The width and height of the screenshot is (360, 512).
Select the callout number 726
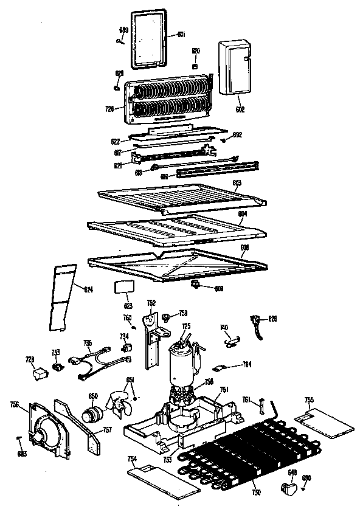(x=110, y=109)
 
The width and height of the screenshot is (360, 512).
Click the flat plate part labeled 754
(x=162, y=478)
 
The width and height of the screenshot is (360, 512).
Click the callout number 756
(x=15, y=403)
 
